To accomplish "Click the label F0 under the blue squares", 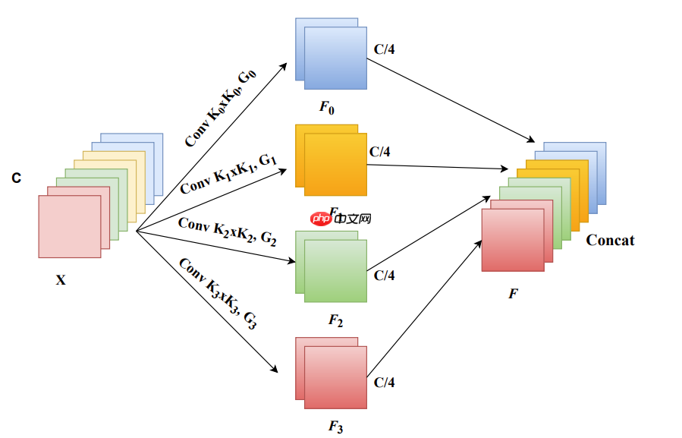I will pos(327,107).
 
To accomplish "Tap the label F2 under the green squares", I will pos(335,321).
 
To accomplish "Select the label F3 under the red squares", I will pos(335,427).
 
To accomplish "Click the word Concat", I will pos(610,241).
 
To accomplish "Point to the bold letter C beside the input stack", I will pos(16,178).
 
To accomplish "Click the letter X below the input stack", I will pos(61,280).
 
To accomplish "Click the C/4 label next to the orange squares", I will pos(380,152).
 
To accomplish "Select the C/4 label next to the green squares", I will pos(385,275).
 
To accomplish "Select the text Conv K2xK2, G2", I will pos(227,231).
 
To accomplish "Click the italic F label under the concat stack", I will pos(513,292).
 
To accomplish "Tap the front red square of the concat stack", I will pos(513,240).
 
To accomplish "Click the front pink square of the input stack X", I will pos(69,226).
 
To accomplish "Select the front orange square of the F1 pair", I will pos(335,165).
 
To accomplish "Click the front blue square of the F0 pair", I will pos(335,58).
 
